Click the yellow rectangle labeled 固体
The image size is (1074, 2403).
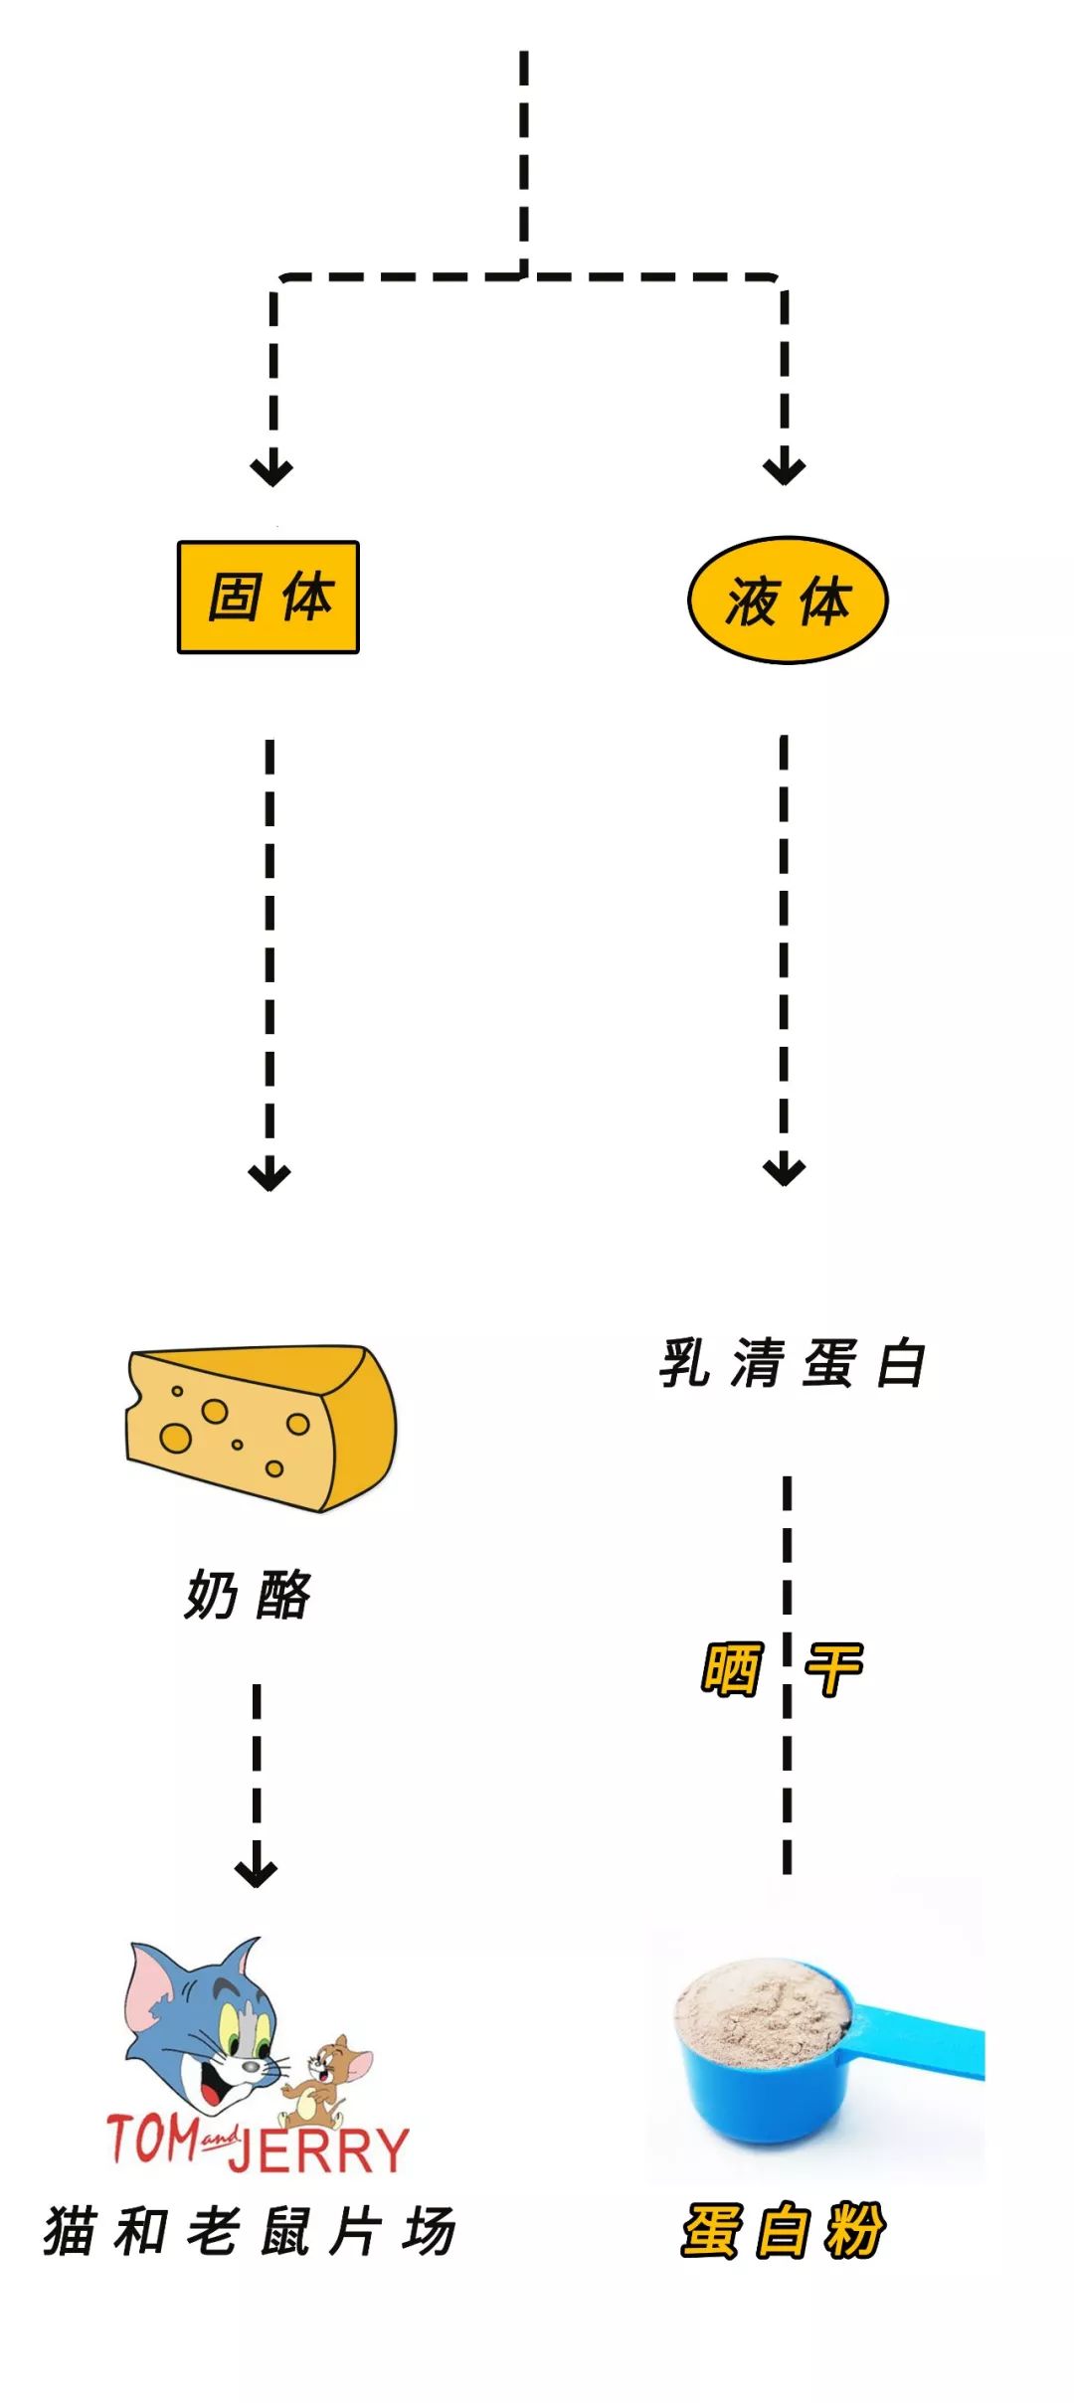click(268, 597)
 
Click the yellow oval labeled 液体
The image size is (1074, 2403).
click(788, 600)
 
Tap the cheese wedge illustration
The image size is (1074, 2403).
click(261, 1428)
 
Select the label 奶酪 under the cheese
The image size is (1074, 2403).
click(248, 1595)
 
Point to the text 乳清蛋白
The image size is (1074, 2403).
click(793, 1362)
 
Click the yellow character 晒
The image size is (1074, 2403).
click(732, 1668)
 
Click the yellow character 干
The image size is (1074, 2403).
click(833, 1668)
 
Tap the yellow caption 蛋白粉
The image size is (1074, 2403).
click(783, 2230)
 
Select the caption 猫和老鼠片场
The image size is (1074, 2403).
click(250, 2230)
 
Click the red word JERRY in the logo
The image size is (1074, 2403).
click(318, 2150)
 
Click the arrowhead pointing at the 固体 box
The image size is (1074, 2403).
click(271, 469)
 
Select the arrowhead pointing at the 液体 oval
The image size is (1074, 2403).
click(785, 469)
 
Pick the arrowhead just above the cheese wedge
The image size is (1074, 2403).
click(269, 1175)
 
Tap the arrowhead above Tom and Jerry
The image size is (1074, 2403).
click(256, 1872)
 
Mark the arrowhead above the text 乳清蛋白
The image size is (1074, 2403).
click(785, 1170)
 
